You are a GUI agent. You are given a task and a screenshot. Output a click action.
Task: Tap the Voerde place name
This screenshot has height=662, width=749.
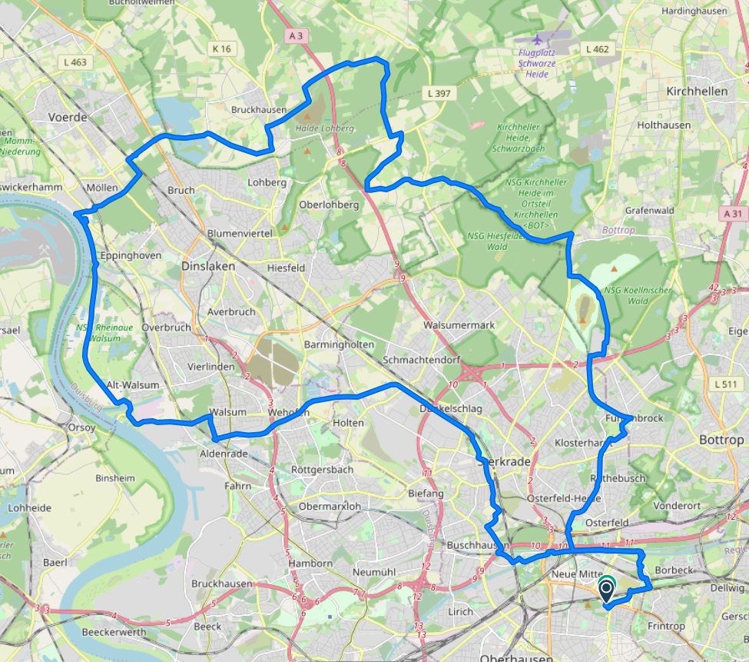point(68,118)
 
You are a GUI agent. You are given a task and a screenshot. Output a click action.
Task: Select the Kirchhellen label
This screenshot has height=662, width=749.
point(697,91)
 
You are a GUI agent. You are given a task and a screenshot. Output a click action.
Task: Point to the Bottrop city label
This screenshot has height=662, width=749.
point(722,440)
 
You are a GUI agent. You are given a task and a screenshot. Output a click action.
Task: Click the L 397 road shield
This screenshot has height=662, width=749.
point(441,93)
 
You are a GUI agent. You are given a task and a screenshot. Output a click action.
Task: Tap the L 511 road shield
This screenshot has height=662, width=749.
point(725,384)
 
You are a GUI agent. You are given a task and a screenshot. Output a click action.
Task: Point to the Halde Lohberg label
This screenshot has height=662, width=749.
point(324,128)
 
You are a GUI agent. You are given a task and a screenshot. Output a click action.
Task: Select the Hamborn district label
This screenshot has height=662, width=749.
point(310,564)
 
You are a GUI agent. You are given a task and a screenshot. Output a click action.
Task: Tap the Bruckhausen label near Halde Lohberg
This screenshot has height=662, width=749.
point(259,110)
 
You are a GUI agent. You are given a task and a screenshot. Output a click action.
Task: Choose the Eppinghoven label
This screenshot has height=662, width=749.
point(131,255)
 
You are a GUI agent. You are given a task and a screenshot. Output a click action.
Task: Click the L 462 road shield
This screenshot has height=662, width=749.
point(597,48)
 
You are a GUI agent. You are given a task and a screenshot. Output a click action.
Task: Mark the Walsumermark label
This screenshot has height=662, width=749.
point(464,325)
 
